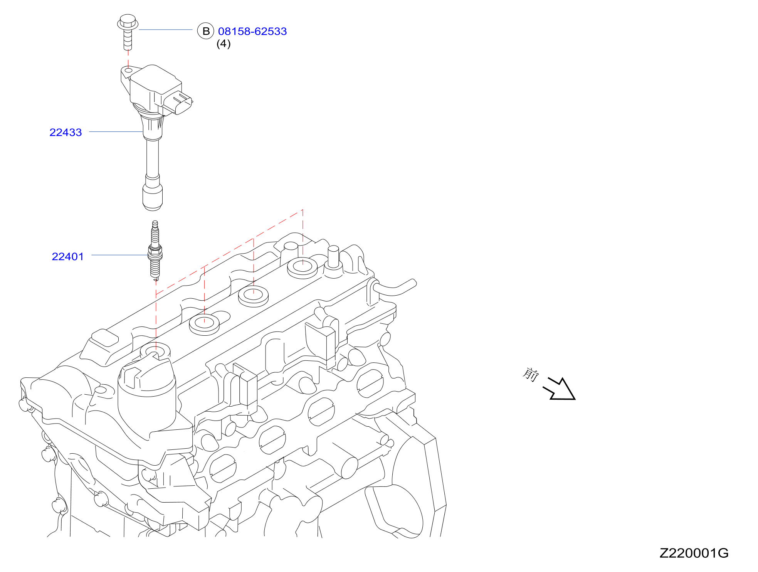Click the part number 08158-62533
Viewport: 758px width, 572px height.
(x=252, y=31)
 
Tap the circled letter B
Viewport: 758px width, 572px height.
(x=206, y=31)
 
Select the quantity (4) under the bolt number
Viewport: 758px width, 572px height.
(x=224, y=44)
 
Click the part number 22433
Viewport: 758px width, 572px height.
(x=66, y=132)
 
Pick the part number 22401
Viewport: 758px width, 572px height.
(x=68, y=256)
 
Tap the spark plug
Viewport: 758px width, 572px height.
(x=155, y=250)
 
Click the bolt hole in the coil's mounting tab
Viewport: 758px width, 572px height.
(x=128, y=70)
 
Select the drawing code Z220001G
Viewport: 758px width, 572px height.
(x=694, y=553)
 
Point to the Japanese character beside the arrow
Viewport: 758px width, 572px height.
(x=531, y=374)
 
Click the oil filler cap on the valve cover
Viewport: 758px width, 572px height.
(x=147, y=397)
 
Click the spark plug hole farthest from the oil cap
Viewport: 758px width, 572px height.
(x=303, y=267)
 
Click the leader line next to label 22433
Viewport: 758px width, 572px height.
(x=116, y=131)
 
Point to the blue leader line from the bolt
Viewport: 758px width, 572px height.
(x=165, y=29)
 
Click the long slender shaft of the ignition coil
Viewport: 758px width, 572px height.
(x=153, y=158)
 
